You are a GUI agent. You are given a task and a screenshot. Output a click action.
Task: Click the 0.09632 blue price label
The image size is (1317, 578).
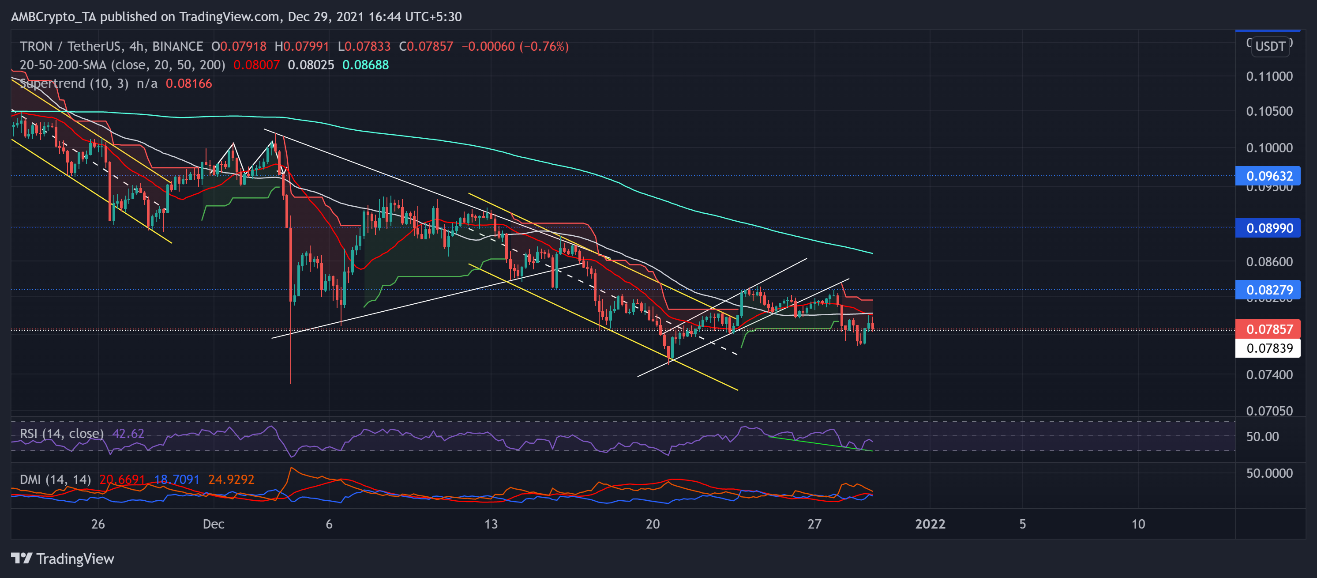[1269, 176]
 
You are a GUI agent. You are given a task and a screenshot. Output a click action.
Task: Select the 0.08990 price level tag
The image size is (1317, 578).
[1269, 228]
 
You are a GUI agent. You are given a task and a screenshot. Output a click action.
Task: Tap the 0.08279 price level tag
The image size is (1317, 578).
[1269, 290]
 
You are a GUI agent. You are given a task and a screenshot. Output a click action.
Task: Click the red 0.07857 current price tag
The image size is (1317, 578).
[1269, 329]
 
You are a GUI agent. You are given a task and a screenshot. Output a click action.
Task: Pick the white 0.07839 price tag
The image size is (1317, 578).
[1269, 348]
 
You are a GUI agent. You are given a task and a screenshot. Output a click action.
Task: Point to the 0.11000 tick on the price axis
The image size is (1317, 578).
[1269, 76]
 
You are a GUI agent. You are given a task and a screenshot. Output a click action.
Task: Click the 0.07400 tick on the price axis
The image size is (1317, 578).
[1269, 374]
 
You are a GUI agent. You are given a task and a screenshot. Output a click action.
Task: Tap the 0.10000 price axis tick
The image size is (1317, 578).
[1269, 148]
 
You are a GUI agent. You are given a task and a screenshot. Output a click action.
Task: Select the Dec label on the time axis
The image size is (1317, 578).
[213, 524]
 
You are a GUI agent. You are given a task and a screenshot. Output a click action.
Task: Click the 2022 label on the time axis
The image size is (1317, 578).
[930, 524]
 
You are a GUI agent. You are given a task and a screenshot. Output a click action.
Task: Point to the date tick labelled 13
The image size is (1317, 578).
[491, 524]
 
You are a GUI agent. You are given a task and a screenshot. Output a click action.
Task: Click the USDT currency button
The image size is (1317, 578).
[1270, 46]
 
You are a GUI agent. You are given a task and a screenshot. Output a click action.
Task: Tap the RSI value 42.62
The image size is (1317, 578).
[128, 434]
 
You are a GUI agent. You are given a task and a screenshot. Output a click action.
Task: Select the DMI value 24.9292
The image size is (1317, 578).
[231, 479]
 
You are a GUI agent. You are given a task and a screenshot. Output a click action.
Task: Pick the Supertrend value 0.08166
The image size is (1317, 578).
[189, 83]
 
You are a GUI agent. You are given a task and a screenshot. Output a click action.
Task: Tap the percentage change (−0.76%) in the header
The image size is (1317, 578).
[544, 46]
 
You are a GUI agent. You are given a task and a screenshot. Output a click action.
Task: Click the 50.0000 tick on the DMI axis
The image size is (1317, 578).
[1269, 473]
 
